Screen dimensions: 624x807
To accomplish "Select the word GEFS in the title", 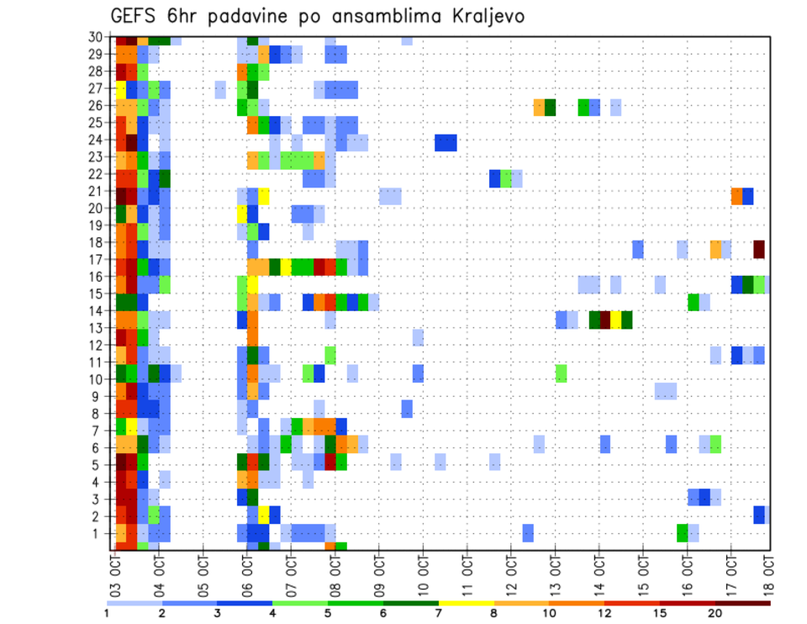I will tap(134, 17).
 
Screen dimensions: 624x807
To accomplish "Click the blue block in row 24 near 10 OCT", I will tap(446, 143).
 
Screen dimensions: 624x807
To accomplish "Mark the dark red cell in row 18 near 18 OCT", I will tap(759, 249).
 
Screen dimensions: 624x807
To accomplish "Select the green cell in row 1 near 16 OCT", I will tap(683, 533).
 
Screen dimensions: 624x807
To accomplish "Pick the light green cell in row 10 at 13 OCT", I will tap(562, 373).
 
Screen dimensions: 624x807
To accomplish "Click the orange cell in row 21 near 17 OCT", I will tap(737, 196).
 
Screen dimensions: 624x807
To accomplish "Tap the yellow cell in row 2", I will tap(264, 514).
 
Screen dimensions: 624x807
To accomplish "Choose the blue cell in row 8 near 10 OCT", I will tap(407, 409).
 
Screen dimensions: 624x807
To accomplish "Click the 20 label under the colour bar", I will tap(715, 613).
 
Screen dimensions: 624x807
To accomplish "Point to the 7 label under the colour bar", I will tap(438, 613).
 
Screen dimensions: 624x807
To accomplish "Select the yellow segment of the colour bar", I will tap(466, 602).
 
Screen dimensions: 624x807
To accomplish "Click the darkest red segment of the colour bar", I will tap(743, 602).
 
